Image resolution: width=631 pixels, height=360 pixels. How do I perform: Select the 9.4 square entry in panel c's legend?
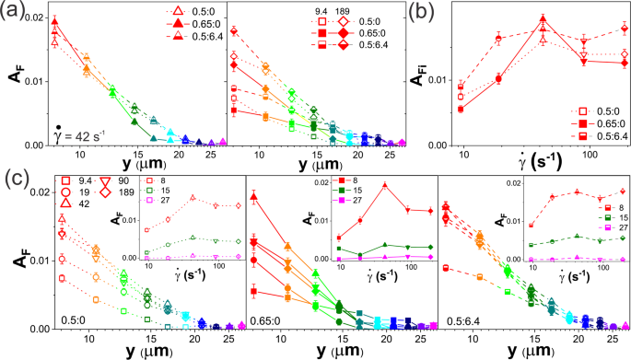coord(59,195)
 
